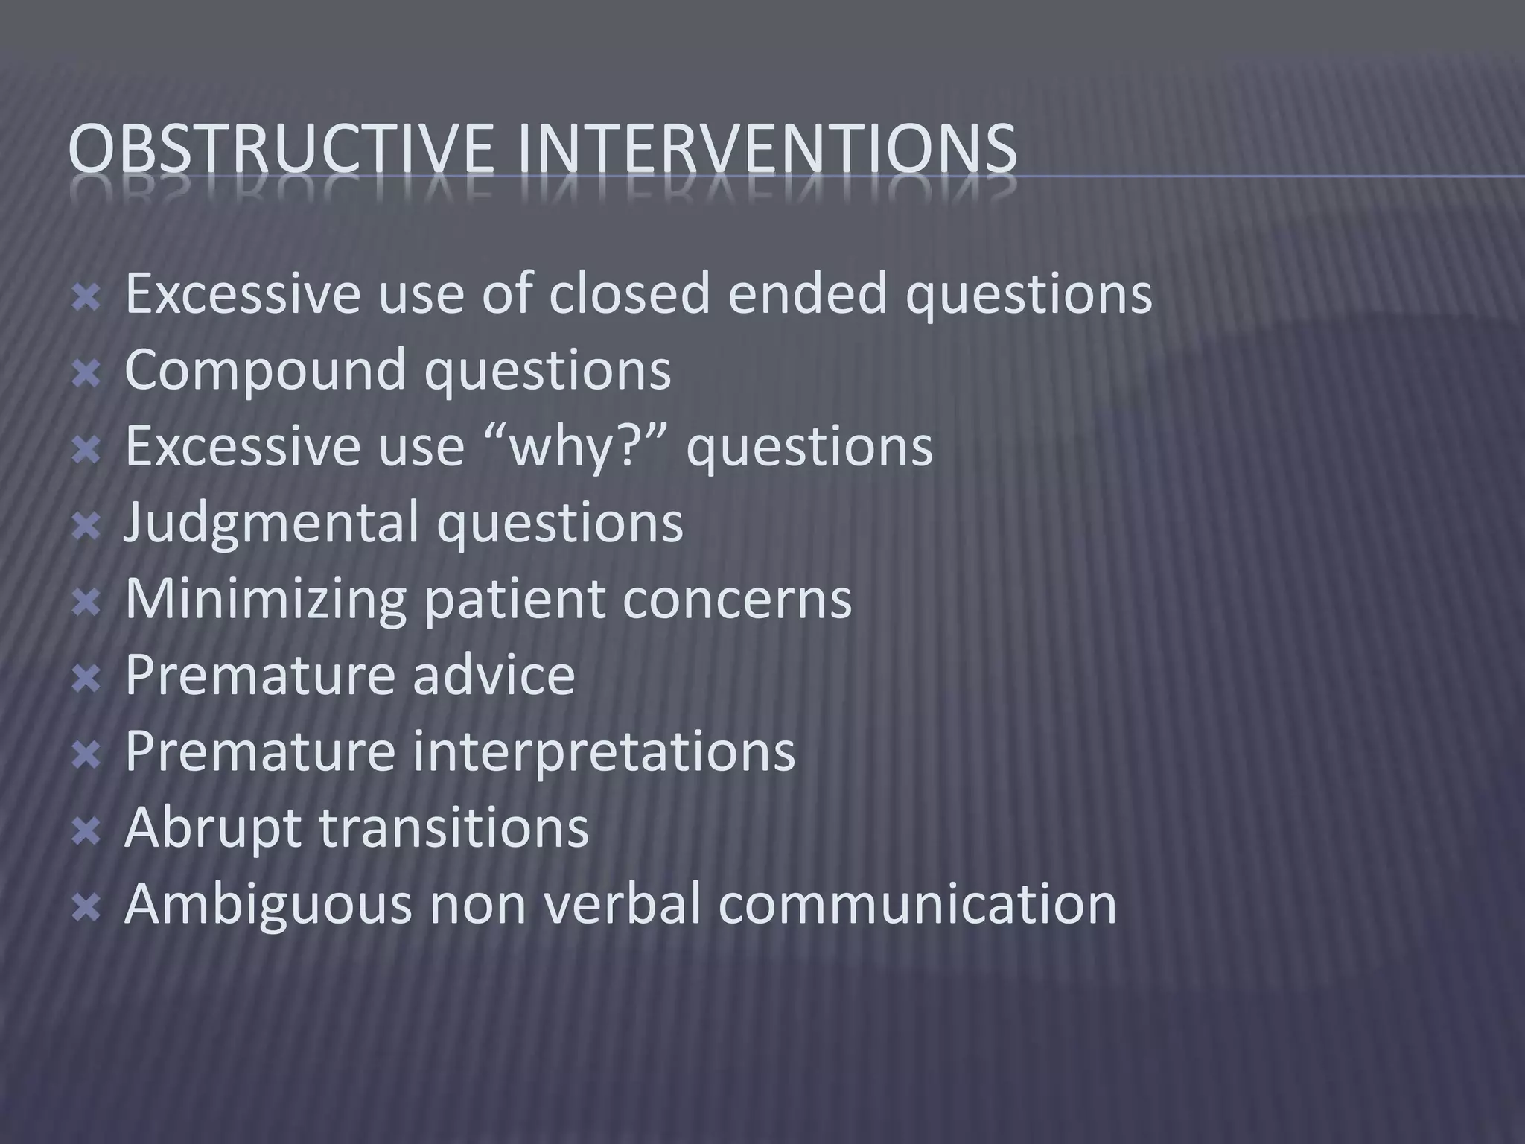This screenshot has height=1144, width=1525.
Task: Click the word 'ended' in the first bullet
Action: click(x=807, y=293)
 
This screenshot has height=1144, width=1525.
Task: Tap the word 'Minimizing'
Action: click(x=264, y=600)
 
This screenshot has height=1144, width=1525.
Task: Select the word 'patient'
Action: click(x=514, y=600)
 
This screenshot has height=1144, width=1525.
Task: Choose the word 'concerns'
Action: click(x=736, y=600)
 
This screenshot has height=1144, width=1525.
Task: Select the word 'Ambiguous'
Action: click(x=267, y=904)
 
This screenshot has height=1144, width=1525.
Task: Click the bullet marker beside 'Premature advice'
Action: click(x=87, y=678)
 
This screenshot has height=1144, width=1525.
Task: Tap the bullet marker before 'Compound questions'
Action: click(x=87, y=372)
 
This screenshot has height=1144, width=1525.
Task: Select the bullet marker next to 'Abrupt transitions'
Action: click(x=87, y=830)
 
